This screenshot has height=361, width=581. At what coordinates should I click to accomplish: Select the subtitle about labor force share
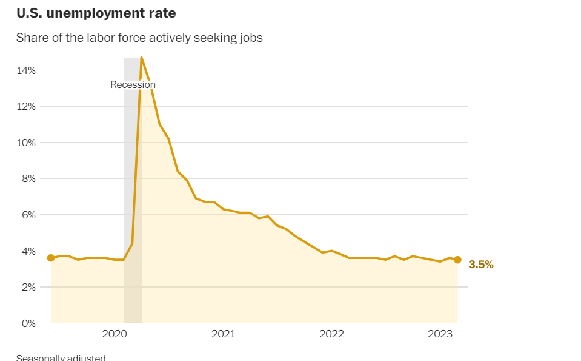pyautogui.click(x=139, y=38)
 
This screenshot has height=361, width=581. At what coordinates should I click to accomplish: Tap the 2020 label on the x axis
pyautogui.click(x=115, y=334)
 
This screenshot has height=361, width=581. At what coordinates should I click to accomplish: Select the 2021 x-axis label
pyautogui.click(x=223, y=334)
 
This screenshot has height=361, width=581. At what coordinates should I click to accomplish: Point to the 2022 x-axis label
pyautogui.click(x=331, y=334)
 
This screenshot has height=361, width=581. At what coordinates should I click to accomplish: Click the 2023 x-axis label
pyautogui.click(x=440, y=334)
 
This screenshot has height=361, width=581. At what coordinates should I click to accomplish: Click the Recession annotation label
pyautogui.click(x=133, y=85)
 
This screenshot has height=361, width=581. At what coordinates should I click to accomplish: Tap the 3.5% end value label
pyautogui.click(x=481, y=265)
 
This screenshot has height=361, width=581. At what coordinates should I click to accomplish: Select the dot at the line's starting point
pyautogui.click(x=51, y=258)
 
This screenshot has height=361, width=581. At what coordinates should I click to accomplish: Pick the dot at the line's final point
pyautogui.click(x=457, y=260)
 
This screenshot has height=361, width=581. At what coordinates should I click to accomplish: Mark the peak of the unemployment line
pyautogui.click(x=141, y=58)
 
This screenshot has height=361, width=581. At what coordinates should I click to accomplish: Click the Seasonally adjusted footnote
pyautogui.click(x=61, y=357)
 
